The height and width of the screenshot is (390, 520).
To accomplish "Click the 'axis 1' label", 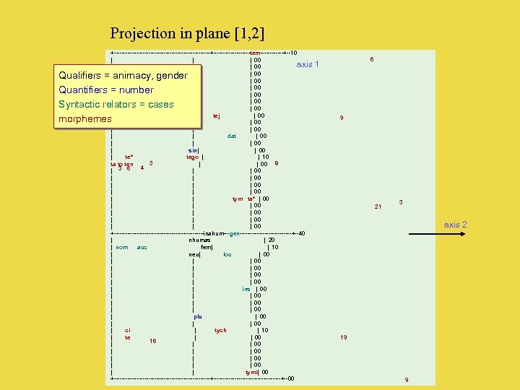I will click(308, 64).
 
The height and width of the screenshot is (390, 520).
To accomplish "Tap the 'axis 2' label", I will click(455, 225).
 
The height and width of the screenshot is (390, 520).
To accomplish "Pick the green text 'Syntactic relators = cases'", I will click(116, 104).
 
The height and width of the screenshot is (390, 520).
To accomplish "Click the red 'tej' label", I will click(217, 116).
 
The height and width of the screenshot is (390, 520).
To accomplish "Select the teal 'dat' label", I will click(232, 136).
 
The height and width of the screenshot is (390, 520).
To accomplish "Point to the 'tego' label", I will click(193, 157).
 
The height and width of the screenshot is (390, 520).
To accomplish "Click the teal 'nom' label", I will click(122, 247).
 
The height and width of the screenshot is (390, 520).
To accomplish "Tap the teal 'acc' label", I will click(142, 247).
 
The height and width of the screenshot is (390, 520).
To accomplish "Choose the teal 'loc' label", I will click(227, 254).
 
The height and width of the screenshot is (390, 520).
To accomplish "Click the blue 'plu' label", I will click(198, 316).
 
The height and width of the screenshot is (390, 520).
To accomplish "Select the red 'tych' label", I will click(220, 330).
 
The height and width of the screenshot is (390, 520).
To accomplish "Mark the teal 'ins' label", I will click(246, 289).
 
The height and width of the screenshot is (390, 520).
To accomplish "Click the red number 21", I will click(378, 207).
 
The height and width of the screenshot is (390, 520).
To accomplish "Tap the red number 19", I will click(344, 337).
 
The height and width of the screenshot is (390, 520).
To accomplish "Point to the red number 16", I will click(153, 341).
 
